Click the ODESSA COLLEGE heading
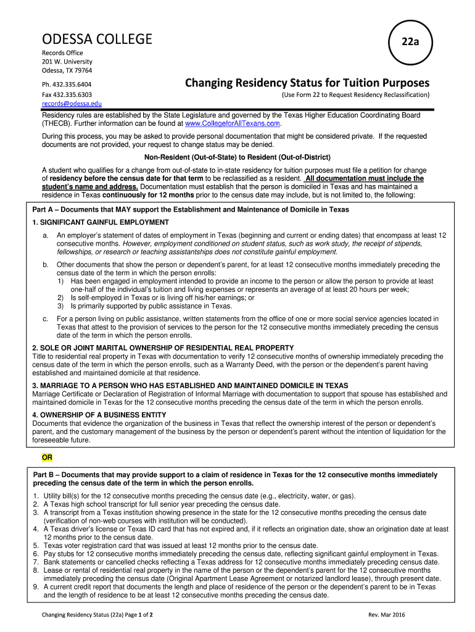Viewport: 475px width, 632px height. pos(96,39)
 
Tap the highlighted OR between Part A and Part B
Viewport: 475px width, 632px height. pos(47,457)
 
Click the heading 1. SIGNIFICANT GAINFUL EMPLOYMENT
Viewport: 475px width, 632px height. pos(101,222)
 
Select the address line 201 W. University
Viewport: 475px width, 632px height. pos(67,62)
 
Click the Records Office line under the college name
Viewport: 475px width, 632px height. pos(62,53)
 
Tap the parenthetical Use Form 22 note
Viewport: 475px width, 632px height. pos(355,94)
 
